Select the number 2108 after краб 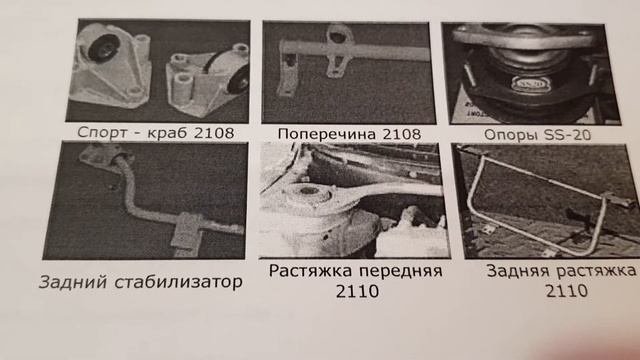(x=214, y=133)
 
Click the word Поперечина (x=325, y=134)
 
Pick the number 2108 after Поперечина (x=400, y=134)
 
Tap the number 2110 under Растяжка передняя (x=357, y=291)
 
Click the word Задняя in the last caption (x=518, y=271)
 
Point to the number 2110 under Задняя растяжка (x=567, y=291)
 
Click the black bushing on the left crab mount (x=102, y=48)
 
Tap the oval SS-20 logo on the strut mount (x=531, y=84)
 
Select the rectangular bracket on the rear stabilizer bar (x=187, y=231)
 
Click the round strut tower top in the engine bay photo (x=309, y=193)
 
